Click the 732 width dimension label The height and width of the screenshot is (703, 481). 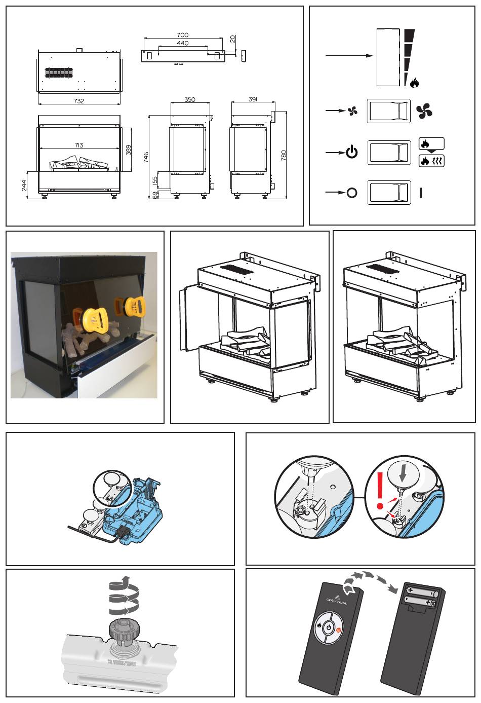79,101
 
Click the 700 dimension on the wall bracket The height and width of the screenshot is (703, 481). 183,35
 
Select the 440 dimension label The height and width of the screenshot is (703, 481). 183,44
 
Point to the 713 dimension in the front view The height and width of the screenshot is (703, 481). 79,145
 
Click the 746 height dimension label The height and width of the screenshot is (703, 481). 146,157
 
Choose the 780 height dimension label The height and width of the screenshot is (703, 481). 284,155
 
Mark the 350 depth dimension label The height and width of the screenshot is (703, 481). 190,100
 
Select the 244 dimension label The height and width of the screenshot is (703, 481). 24,186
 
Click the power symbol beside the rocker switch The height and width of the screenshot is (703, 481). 352,152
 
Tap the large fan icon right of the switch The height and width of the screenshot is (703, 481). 424,110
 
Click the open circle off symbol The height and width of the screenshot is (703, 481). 352,193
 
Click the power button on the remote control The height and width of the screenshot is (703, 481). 329,627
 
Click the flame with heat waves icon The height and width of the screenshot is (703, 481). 431,162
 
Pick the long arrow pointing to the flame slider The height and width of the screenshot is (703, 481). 349,55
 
